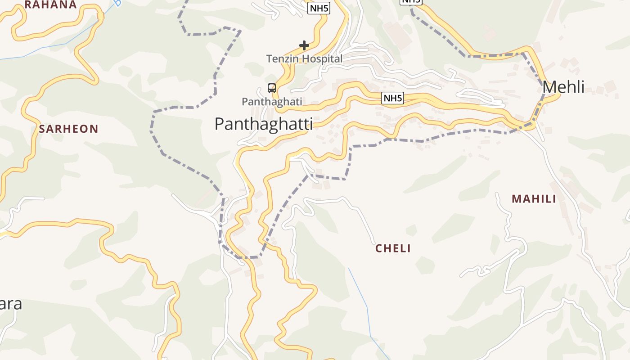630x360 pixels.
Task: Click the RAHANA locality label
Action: tap(50, 4)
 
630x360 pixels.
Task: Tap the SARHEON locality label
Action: tap(68, 129)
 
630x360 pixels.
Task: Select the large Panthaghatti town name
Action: tap(263, 124)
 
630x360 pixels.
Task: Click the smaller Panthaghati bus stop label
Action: tap(272, 102)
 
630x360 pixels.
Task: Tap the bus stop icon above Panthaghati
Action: tap(272, 88)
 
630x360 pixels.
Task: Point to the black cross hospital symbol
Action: tap(304, 45)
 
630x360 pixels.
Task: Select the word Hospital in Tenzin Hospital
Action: tap(322, 59)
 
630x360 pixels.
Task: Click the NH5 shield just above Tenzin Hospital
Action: tap(319, 8)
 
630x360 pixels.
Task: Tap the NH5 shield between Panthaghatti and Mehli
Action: tap(392, 98)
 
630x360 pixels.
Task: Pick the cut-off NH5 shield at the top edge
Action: tap(411, 2)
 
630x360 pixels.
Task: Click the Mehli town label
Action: tap(563, 87)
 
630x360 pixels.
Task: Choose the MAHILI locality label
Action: tap(534, 199)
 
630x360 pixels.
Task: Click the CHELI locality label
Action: tap(393, 248)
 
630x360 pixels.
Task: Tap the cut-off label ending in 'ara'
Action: tap(11, 304)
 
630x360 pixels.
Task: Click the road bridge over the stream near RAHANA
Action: tap(100, 16)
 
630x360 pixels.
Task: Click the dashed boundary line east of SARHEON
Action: tap(153, 130)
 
